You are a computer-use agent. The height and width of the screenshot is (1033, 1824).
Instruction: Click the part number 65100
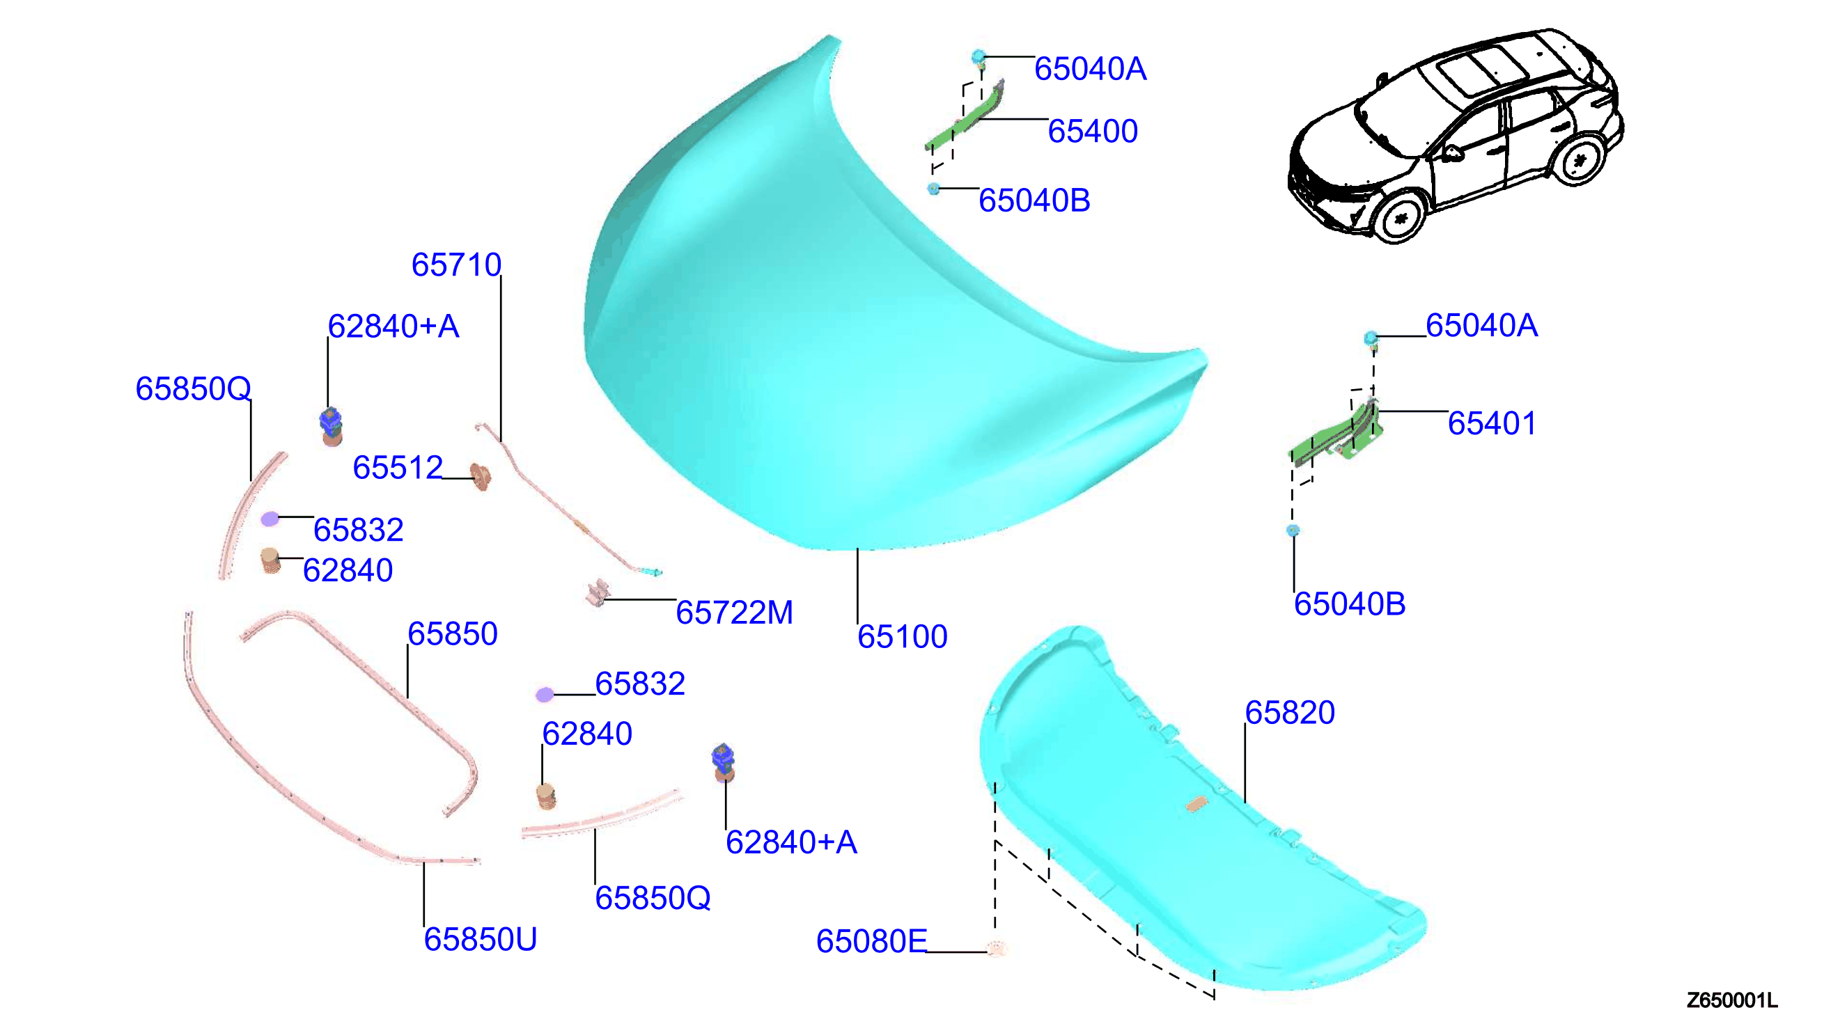[902, 636]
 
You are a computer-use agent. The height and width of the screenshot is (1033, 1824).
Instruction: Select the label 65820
[1290, 712]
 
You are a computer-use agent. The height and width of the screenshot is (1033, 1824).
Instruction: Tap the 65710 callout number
[456, 265]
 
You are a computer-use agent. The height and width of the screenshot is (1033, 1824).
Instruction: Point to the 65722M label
[734, 613]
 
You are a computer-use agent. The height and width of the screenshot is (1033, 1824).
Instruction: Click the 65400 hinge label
[1092, 132]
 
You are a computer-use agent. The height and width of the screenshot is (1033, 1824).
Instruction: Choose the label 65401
[1492, 423]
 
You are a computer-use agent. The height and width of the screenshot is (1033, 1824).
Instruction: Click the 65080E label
[871, 942]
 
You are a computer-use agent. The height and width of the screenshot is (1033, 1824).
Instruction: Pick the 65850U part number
[481, 939]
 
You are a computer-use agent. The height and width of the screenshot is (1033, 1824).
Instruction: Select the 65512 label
[398, 468]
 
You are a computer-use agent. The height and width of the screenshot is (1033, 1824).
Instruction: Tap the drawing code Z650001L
[1733, 1000]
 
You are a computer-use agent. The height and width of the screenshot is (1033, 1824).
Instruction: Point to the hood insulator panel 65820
[1199, 816]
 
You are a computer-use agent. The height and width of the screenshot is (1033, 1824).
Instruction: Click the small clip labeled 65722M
[598, 593]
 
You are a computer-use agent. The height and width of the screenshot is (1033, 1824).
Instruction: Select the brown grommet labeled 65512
[481, 476]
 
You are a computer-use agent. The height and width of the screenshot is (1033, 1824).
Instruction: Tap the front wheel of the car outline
[1400, 217]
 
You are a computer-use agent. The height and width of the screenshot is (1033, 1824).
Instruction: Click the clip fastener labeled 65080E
[997, 948]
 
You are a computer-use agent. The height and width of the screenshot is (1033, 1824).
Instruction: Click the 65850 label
[452, 633]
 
